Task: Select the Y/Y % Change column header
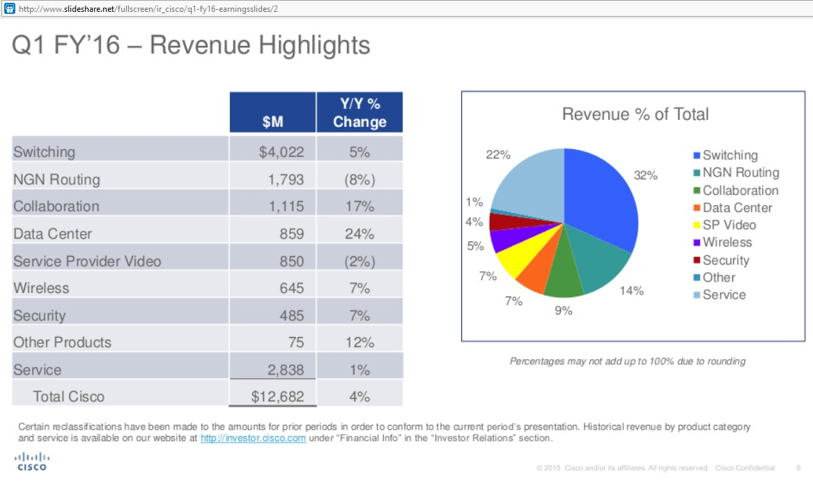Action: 359,112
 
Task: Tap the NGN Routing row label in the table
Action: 56,179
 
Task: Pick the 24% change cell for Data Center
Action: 359,234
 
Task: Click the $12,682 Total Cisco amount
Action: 277,396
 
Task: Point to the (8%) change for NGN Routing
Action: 359,179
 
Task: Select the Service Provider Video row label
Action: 87,261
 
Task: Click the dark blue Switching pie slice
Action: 599,195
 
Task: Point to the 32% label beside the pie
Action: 645,175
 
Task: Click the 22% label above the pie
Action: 497,155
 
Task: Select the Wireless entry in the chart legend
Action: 727,243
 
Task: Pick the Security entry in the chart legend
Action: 725,260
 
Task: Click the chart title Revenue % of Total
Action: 635,114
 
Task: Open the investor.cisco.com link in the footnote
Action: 253,438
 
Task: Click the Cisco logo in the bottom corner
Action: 31,461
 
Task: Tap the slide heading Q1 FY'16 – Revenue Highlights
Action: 192,46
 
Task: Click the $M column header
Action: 272,121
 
